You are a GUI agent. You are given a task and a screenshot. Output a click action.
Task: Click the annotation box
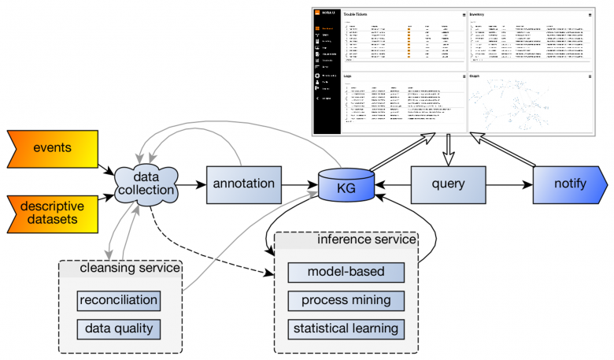(243, 184)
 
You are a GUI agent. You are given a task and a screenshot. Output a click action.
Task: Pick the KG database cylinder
(346, 185)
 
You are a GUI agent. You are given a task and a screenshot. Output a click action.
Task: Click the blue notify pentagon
(569, 185)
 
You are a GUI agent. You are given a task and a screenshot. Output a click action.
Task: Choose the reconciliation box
(119, 300)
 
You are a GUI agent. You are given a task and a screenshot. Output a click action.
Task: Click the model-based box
(346, 273)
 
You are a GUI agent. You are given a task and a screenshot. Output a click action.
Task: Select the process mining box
(346, 301)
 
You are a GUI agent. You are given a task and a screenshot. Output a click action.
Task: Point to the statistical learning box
(346, 328)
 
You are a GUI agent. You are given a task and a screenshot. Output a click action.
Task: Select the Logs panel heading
(350, 76)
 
